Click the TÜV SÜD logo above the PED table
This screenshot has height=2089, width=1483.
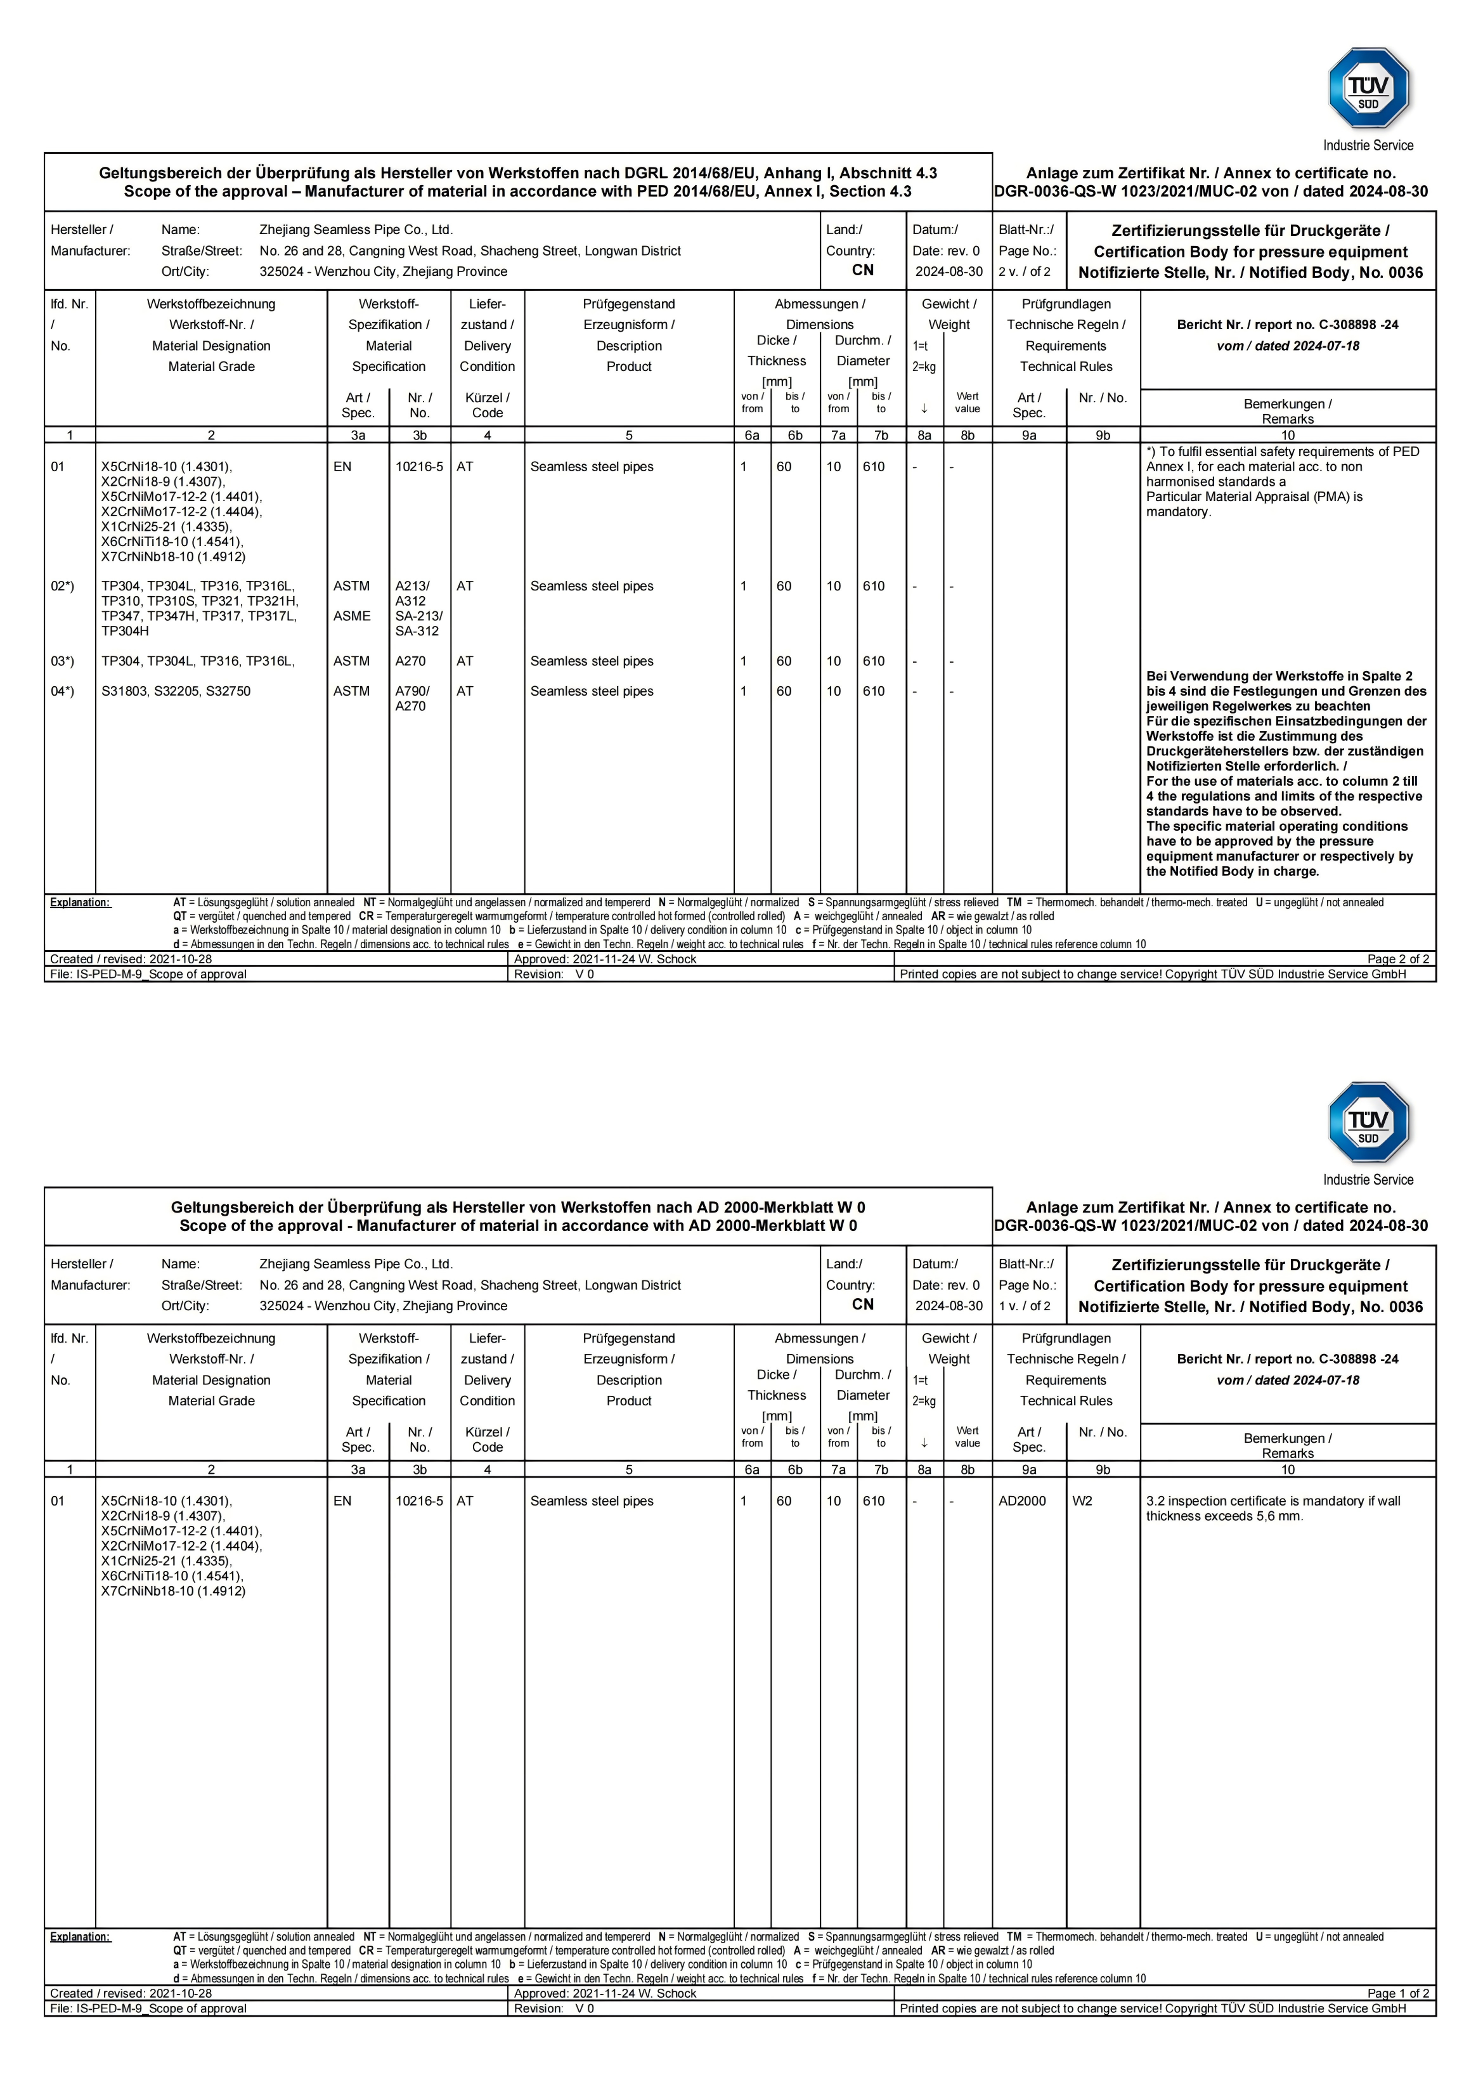pyautogui.click(x=1368, y=89)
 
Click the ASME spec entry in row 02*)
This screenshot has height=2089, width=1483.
pyautogui.click(x=352, y=616)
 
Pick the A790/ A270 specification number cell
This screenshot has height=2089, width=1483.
pyautogui.click(x=412, y=699)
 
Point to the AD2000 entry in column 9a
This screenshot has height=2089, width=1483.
pyautogui.click(x=1022, y=1500)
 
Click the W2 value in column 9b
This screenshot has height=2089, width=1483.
pyautogui.click(x=1082, y=1500)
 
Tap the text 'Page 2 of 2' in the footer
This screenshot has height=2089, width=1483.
pyautogui.click(x=1397, y=959)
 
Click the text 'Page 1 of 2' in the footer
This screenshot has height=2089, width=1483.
pyautogui.click(x=1397, y=1993)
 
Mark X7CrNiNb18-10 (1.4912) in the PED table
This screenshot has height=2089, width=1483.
pyautogui.click(x=172, y=556)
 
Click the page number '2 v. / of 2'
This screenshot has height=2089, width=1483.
pyautogui.click(x=1024, y=272)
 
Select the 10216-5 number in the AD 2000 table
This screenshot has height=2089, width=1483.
pyautogui.click(x=418, y=1500)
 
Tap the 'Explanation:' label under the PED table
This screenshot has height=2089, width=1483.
pyautogui.click(x=81, y=902)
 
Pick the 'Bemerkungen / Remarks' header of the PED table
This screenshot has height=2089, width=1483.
pyautogui.click(x=1288, y=411)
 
